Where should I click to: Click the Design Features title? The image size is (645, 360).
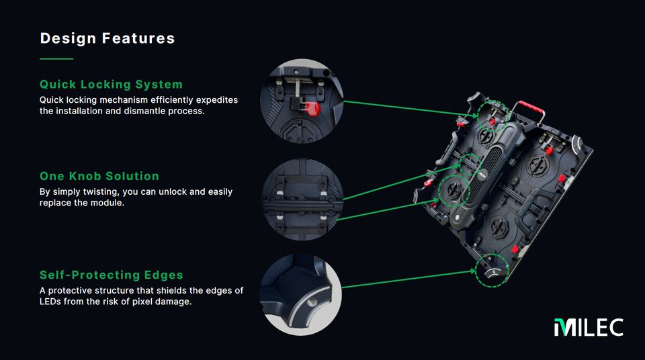click(107, 38)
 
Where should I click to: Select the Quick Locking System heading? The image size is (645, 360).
click(111, 85)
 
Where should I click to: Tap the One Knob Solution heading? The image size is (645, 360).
click(99, 176)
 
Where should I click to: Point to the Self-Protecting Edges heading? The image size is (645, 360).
click(112, 275)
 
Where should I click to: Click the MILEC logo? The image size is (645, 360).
click(589, 327)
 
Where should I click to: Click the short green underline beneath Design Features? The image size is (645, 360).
click(56, 59)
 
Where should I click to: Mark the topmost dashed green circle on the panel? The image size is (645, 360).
click(494, 116)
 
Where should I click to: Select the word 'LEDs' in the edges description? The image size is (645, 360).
click(52, 302)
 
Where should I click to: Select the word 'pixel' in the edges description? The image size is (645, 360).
click(139, 302)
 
